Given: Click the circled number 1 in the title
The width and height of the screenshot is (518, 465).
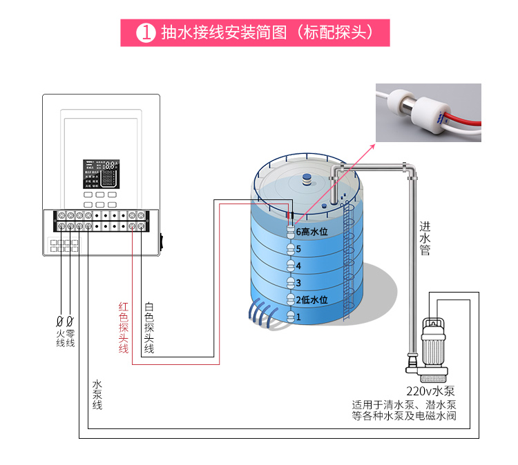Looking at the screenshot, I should coord(146,32).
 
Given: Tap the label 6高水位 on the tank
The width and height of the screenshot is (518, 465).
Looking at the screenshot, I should coord(311,232).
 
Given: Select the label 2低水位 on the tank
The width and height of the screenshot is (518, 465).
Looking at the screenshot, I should coord(311,299).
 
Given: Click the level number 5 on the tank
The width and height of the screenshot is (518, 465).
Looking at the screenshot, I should coord(298,248).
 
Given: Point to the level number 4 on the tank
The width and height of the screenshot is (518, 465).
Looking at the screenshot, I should coord(298,266).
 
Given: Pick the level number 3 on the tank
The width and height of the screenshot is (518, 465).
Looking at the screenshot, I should coord(298,283).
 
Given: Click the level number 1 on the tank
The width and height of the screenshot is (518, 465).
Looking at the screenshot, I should coord(298,317).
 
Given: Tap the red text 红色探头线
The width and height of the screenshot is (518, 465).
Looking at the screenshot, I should coord(123,328).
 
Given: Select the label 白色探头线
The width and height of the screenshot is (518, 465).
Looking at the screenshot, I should coord(148,328).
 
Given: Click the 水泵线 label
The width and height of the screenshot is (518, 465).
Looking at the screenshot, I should coord(97,394).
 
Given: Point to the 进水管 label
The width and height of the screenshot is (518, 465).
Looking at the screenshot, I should coord(425,238).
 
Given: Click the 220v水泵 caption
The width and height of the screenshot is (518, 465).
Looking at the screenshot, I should coord(430,390).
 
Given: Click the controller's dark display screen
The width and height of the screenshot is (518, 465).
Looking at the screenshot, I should coord(101,175).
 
